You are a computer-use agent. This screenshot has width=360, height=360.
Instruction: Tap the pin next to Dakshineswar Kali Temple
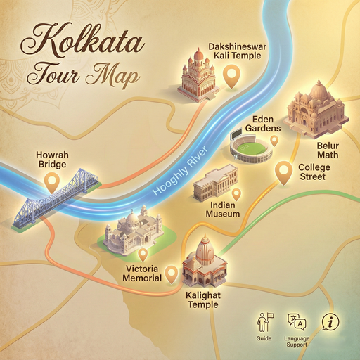231,75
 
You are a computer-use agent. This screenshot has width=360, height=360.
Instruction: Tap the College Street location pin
283,172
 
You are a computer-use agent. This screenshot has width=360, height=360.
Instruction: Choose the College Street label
314,172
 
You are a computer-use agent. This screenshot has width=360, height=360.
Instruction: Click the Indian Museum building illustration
215,184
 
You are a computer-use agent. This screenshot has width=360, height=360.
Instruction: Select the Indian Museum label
221,209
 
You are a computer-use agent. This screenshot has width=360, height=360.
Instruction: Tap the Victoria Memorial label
143,274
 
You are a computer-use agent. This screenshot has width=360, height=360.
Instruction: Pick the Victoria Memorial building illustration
134,229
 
